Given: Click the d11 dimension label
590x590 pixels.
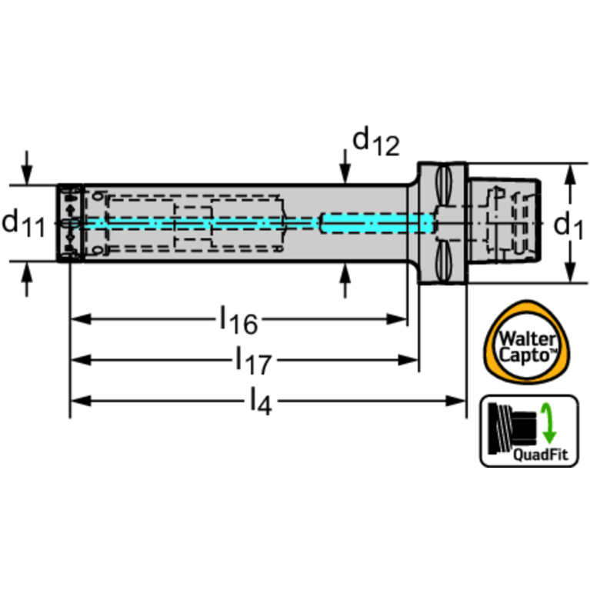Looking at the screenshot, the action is coord(23,224).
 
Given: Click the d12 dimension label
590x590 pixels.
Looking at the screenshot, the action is coord(376,142).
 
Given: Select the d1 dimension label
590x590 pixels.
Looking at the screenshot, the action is coord(568,225).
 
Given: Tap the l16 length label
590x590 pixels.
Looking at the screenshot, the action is coord(238,320).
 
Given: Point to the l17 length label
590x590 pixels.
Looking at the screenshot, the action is coord(253,361).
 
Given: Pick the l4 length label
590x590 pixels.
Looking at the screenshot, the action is coord(261,402).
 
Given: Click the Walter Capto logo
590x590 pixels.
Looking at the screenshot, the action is coord(527,342).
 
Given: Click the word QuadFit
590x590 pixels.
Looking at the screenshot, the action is coord(540,455).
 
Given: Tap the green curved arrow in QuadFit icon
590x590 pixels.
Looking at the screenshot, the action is coord(548,423).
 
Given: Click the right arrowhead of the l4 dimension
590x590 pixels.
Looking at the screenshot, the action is coord(456,401).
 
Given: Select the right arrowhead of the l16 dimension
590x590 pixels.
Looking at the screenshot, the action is coord(397,319).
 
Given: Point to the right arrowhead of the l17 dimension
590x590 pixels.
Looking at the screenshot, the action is coord(408,360).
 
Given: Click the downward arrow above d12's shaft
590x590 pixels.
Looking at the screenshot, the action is coord(345,167).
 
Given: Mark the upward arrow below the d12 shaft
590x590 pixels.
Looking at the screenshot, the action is coord(345,280).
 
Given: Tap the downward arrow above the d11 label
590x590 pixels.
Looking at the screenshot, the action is coord(26,168).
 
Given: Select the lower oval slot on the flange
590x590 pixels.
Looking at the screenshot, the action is coord(443,261).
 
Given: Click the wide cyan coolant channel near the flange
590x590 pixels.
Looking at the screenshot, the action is coord(376,223).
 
